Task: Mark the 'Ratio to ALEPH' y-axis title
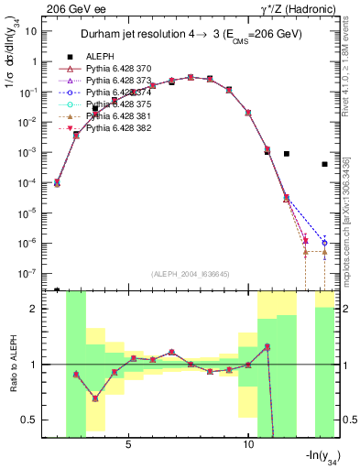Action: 10,363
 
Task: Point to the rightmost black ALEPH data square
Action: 324,165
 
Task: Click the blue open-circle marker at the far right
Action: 324,243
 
